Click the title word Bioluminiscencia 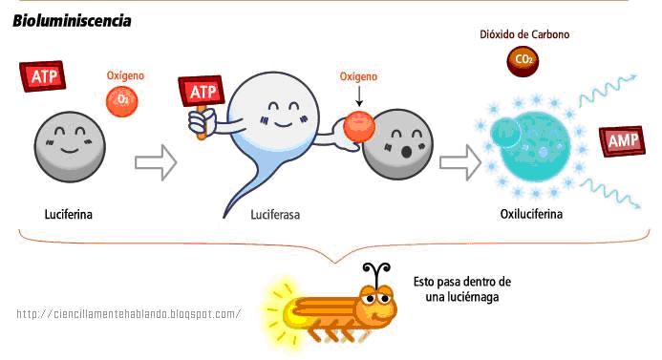(72, 20)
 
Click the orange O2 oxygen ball (122, 98)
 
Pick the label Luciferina (67, 213)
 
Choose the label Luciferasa (275, 215)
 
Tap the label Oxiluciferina (531, 213)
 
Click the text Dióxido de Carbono (523, 34)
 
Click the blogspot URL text (129, 314)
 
